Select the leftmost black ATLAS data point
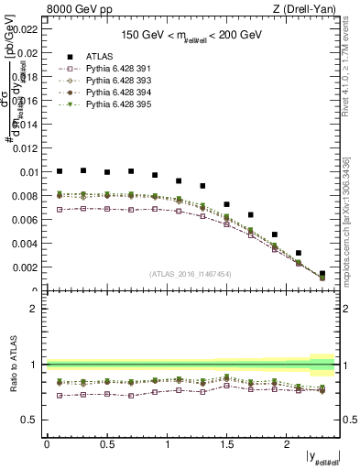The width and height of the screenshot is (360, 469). (x=60, y=171)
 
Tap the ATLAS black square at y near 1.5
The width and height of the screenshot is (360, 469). (x=226, y=204)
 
